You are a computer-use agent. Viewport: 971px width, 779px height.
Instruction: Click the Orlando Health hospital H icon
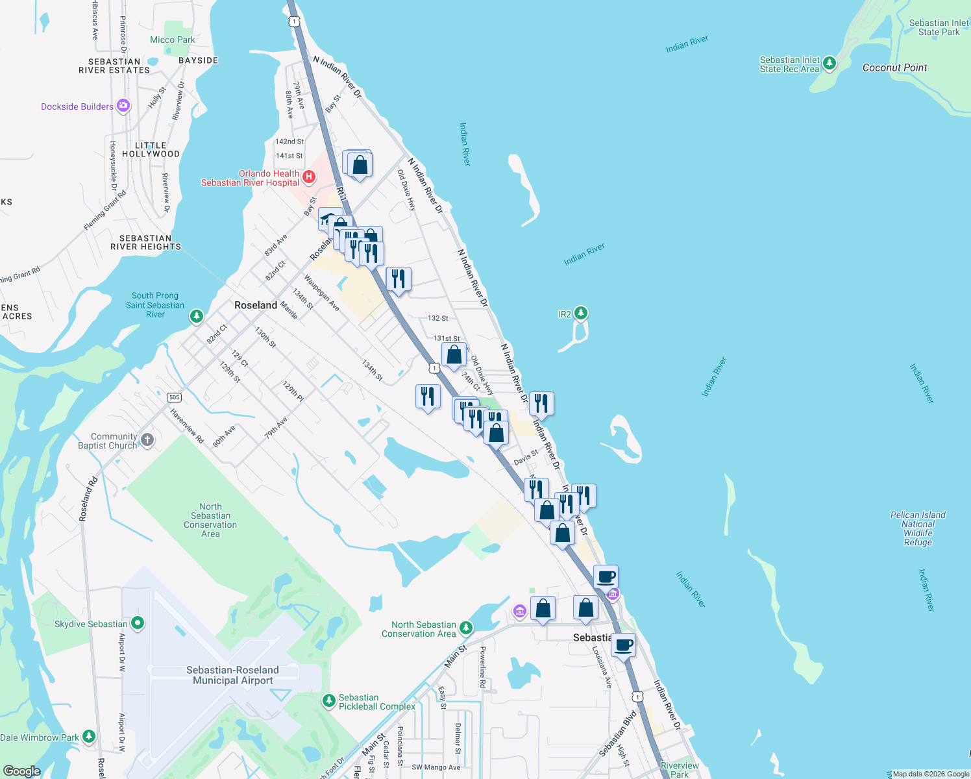[x=310, y=177]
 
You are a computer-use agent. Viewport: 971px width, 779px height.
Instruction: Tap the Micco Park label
[x=172, y=40]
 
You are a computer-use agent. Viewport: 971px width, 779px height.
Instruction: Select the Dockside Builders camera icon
[x=123, y=106]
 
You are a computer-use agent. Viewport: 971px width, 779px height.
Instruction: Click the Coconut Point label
[x=894, y=68]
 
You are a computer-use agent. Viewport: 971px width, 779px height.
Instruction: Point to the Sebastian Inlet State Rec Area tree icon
[x=829, y=64]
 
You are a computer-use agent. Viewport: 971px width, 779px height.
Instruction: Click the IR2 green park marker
[x=581, y=314]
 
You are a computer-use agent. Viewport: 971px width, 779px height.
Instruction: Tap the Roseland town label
[x=256, y=305]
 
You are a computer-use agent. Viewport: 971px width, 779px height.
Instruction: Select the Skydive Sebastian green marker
[x=137, y=623]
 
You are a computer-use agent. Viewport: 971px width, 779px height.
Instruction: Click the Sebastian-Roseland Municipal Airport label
[x=232, y=675]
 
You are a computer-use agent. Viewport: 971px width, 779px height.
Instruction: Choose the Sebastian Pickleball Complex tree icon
[x=329, y=701]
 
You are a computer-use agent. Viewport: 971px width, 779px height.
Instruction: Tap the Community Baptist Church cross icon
[x=147, y=440]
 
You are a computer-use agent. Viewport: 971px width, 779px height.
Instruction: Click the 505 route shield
[x=174, y=397]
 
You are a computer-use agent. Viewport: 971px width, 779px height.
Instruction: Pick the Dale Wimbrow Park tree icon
[x=89, y=737]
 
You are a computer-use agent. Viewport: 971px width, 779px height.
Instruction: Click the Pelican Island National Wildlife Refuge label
[x=918, y=528]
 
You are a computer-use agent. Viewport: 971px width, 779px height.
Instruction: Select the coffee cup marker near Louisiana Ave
[x=624, y=646]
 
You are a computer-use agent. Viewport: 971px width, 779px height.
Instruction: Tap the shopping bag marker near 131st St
[x=454, y=355]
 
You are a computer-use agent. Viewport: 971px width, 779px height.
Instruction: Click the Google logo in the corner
[x=21, y=771]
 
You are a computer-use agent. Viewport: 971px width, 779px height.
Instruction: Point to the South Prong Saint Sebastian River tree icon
[x=196, y=316]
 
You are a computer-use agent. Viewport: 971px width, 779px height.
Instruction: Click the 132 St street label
[x=438, y=318]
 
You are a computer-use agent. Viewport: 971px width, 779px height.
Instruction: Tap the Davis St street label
[x=526, y=457]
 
